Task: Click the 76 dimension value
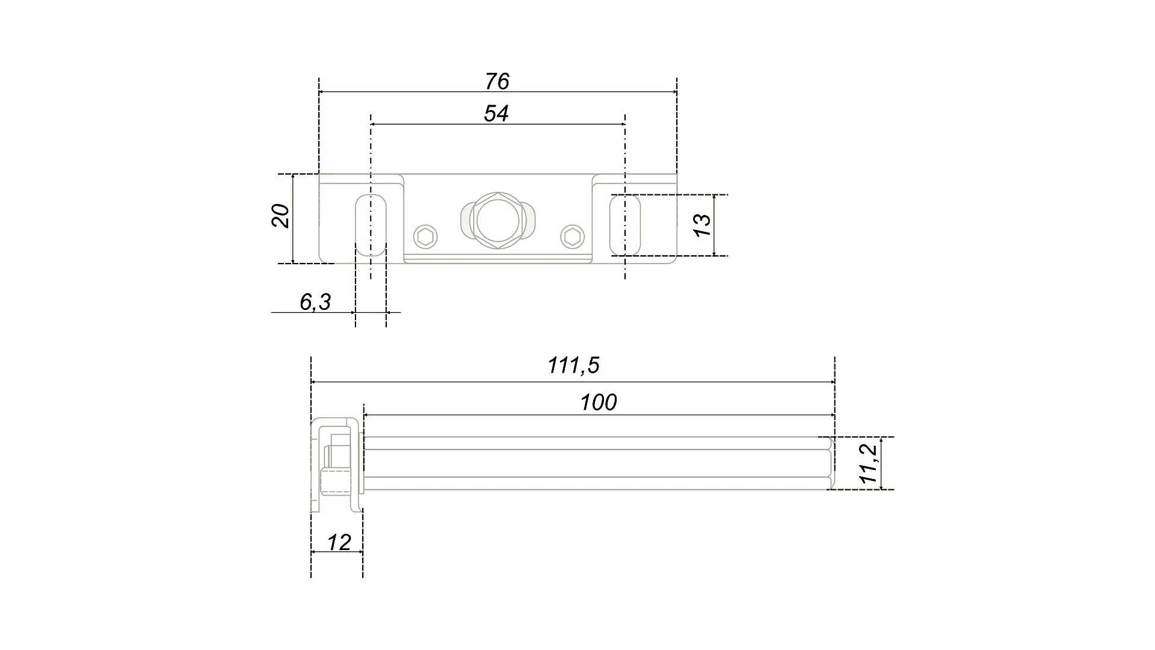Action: (497, 81)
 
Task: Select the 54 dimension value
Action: (496, 114)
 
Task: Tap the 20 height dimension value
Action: (281, 216)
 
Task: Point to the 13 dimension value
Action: (703, 224)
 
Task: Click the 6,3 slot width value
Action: (315, 302)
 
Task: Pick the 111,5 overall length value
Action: (573, 365)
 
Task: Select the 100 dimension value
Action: (599, 403)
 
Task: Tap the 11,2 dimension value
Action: (869, 464)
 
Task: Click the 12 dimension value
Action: (339, 543)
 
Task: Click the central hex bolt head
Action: (497, 220)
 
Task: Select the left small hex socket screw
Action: (425, 237)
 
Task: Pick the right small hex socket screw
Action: (572, 237)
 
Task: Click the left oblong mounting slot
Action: (369, 225)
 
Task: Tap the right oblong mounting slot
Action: (625, 225)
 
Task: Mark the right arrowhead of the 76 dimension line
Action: (674, 92)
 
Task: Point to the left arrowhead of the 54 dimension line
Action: (374, 125)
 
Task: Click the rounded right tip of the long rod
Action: (831, 463)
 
